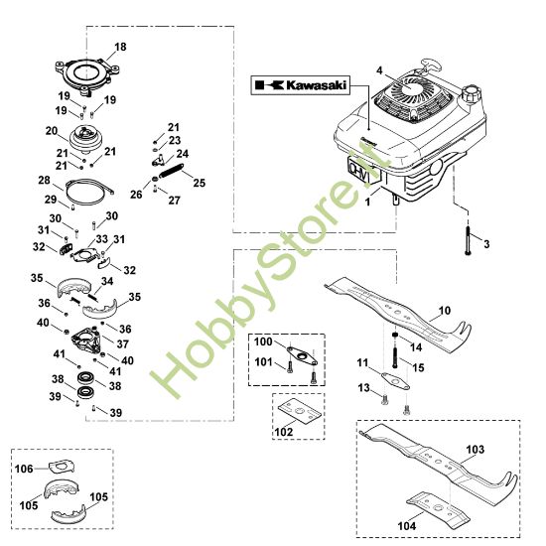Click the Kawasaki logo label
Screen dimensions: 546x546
298,86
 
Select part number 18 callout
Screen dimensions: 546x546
120,47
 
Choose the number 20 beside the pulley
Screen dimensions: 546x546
51,130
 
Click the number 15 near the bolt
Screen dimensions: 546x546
417,367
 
